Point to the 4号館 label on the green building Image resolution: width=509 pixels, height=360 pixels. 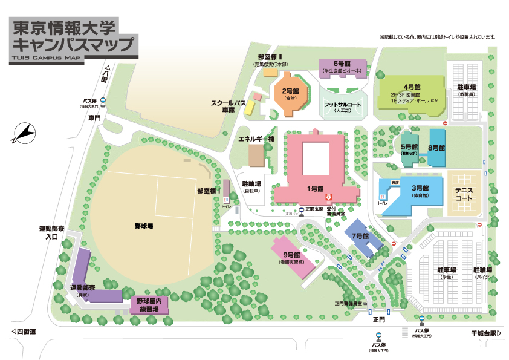point(412,87)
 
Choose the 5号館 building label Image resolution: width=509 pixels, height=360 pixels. point(410,147)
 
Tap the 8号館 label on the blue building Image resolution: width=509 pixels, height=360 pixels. point(436,148)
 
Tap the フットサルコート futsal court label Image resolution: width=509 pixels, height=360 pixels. point(343,105)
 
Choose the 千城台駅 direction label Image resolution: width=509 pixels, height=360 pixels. point(487,333)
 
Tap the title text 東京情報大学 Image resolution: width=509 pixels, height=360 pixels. point(65,28)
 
